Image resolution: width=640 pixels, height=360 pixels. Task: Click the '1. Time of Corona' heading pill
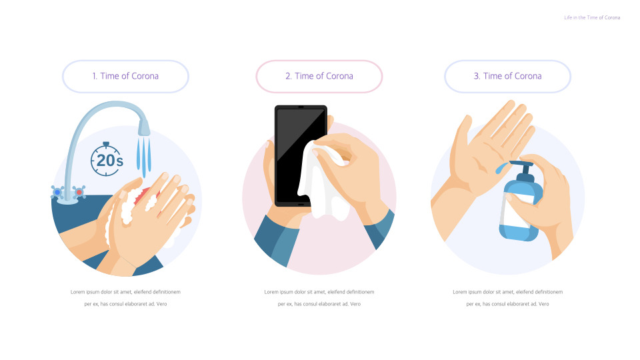pos(125,76)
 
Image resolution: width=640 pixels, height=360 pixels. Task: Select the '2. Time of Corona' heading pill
pos(319,76)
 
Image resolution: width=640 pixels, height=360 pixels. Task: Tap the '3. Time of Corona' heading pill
pos(507,76)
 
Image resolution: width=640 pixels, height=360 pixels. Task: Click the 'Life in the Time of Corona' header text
pos(592,17)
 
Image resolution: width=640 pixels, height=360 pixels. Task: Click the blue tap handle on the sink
pos(58,192)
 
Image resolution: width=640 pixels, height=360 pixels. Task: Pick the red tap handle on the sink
pos(79,192)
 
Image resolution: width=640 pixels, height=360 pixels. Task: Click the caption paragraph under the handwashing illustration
pos(125,298)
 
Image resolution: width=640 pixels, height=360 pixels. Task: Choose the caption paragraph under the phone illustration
pos(319,298)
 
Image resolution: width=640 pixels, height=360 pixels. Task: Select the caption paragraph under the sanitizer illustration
pos(507,298)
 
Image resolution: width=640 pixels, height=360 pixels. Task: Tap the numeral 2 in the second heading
pos(288,76)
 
